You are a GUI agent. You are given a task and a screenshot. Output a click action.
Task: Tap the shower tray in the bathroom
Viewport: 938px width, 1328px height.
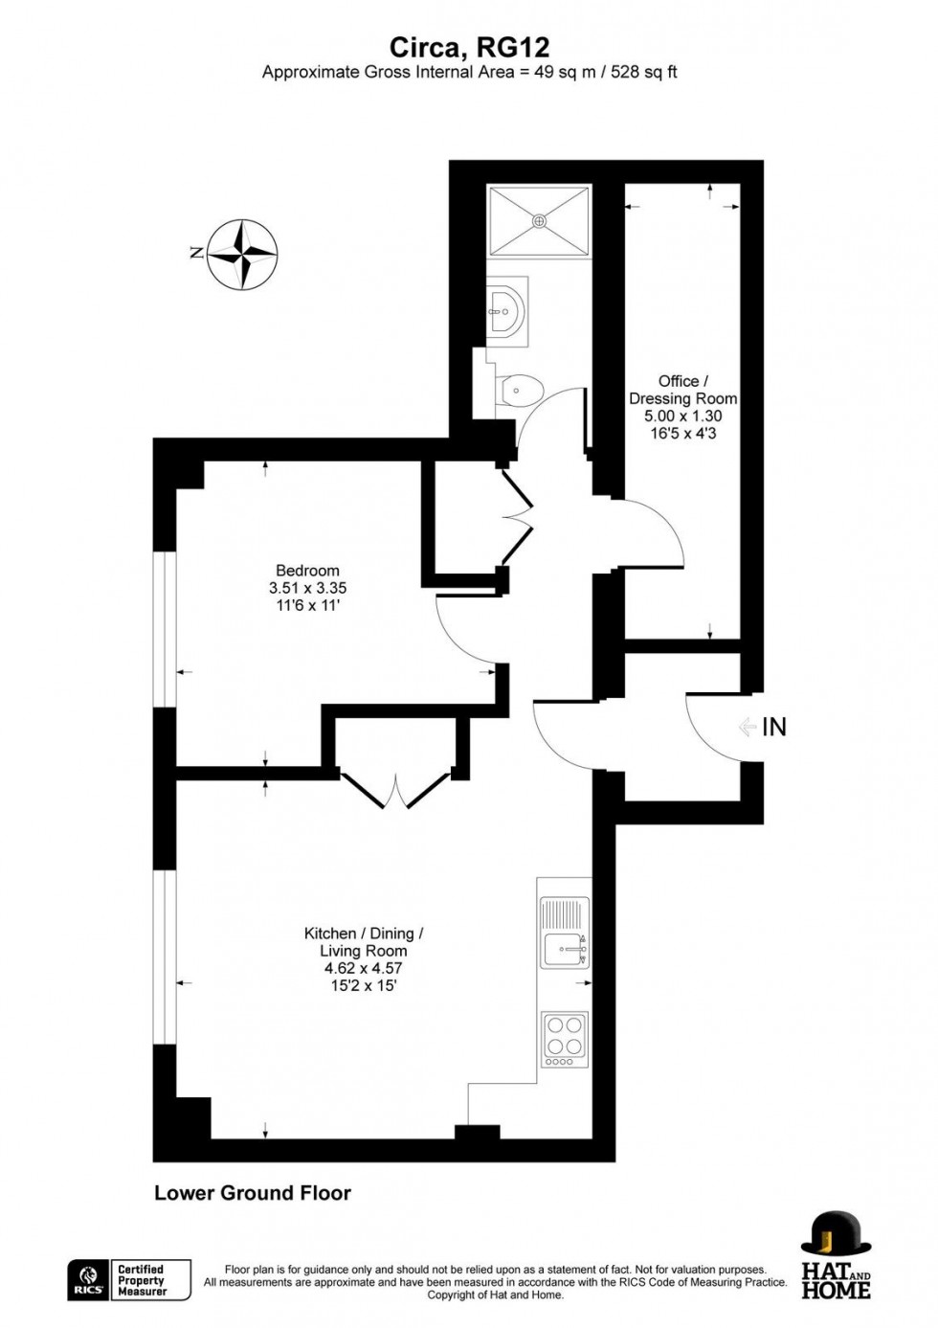pos(539,221)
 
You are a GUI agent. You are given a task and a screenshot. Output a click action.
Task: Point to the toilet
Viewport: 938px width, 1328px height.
pos(522,389)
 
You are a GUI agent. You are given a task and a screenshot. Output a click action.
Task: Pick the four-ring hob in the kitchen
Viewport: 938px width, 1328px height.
pos(565,1039)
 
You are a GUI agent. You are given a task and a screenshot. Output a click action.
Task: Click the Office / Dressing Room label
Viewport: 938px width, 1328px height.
pos(682,390)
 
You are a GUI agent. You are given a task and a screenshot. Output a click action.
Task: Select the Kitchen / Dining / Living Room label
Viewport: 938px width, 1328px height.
pos(364,942)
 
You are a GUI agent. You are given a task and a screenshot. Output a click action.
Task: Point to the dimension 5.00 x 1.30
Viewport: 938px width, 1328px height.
pos(682,416)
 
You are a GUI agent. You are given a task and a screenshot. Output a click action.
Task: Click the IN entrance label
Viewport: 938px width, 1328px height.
pos(773,728)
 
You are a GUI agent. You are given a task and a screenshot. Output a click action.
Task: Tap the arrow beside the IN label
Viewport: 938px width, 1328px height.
pos(748,728)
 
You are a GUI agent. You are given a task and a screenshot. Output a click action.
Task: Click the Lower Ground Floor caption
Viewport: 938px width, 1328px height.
pos(253,1193)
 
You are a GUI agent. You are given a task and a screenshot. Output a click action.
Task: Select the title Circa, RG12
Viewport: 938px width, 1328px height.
pos(469,47)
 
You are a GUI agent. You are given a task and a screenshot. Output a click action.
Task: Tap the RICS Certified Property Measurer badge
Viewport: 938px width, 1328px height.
pos(129,1280)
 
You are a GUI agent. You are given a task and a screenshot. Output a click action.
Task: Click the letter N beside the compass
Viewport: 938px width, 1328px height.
pos(196,254)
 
